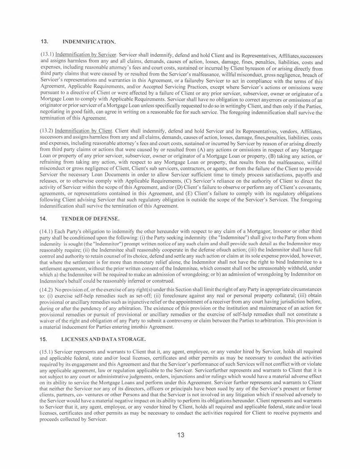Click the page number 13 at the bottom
pyautogui.click(x=180, y=435)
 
